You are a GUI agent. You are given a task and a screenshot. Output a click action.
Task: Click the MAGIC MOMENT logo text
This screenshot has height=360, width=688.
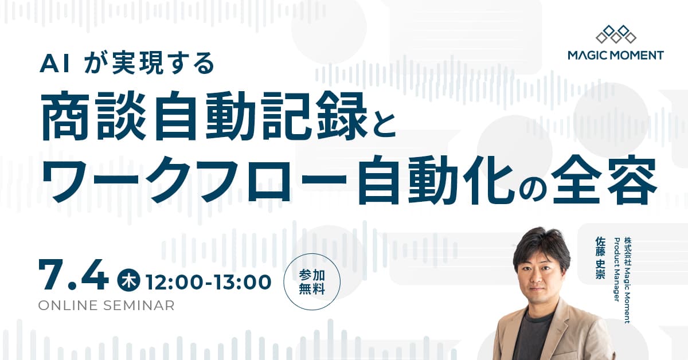point(615,56)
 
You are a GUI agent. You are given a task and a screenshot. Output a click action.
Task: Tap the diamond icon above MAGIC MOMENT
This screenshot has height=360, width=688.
point(616,34)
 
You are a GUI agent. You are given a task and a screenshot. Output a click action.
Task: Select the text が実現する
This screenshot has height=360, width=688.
point(148,64)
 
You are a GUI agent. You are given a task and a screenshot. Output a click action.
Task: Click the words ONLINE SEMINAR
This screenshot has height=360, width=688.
point(106,306)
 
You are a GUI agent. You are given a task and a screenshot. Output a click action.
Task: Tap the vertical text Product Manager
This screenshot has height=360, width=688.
point(616,269)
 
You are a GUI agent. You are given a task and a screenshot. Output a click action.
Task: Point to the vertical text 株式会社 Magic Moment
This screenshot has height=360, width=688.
point(627,281)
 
